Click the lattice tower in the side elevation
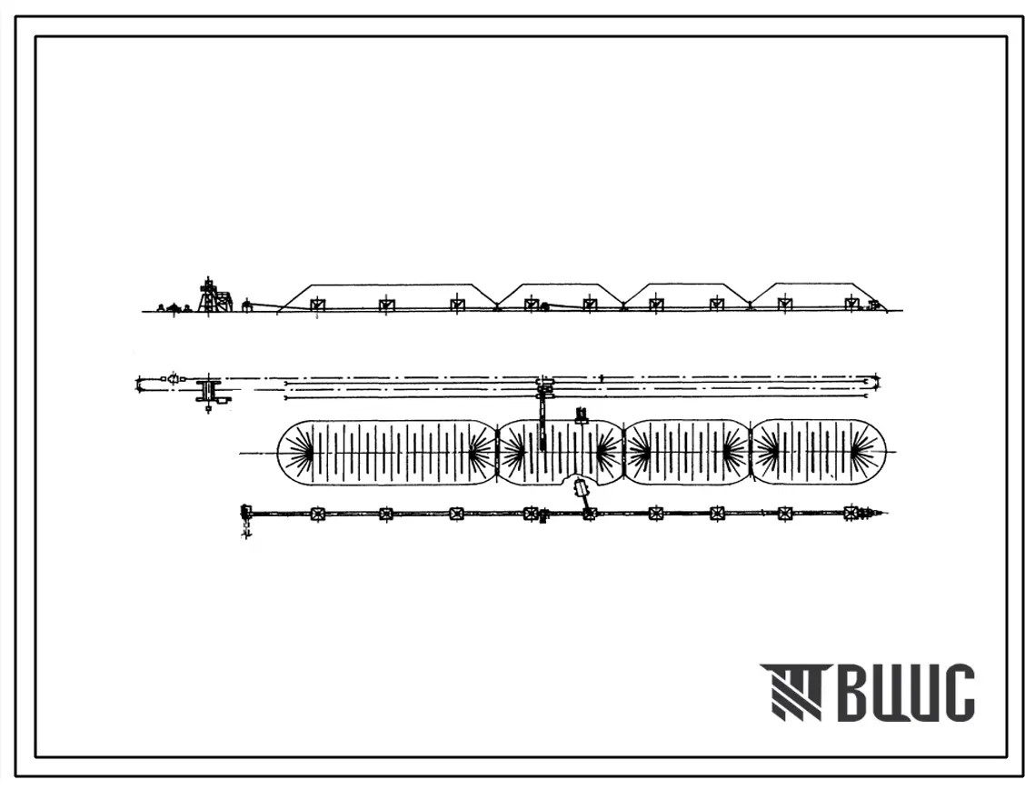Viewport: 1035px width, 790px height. click(209, 295)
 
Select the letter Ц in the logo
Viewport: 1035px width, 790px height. click(910, 694)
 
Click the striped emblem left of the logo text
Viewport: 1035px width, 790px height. click(791, 692)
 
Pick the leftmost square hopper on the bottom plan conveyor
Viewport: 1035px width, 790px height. click(317, 514)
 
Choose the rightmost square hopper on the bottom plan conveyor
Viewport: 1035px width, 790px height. click(851, 513)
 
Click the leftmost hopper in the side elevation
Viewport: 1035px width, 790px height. click(317, 305)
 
